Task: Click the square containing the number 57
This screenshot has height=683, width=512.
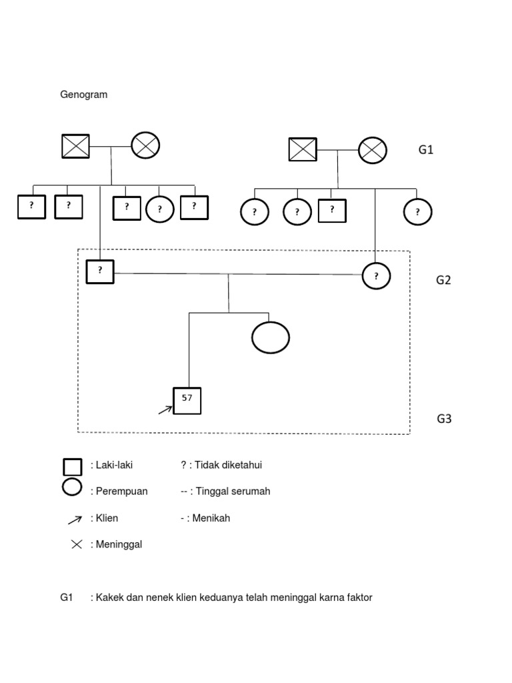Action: (187, 400)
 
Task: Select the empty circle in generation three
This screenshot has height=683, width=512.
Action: (271, 337)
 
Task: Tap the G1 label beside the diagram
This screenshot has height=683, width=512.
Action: (426, 150)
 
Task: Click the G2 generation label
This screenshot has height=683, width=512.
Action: (443, 280)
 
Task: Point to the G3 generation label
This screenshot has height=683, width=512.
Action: (444, 419)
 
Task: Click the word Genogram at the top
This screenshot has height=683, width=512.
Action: (84, 95)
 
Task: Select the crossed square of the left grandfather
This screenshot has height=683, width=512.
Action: (75, 146)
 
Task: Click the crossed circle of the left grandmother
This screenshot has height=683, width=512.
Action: (145, 145)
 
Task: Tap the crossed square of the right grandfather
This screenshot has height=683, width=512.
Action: (303, 149)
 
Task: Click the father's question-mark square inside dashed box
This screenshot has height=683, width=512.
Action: (100, 271)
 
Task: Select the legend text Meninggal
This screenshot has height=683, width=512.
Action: (119, 544)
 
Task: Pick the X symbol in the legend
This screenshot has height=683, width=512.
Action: (77, 544)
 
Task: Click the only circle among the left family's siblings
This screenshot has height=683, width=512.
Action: (160, 209)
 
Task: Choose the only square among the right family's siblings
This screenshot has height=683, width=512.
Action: (332, 211)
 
